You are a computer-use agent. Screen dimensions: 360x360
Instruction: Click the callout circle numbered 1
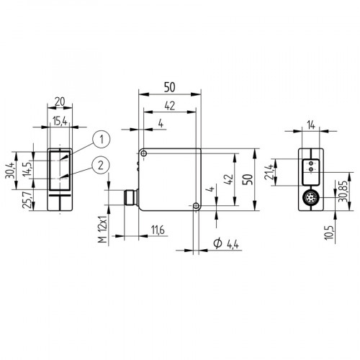click(102, 138)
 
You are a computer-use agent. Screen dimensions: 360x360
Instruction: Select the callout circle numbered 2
click(102, 165)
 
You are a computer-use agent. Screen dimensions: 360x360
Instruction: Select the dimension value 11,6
click(158, 230)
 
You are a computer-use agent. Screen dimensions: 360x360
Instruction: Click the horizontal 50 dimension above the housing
click(170, 86)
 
